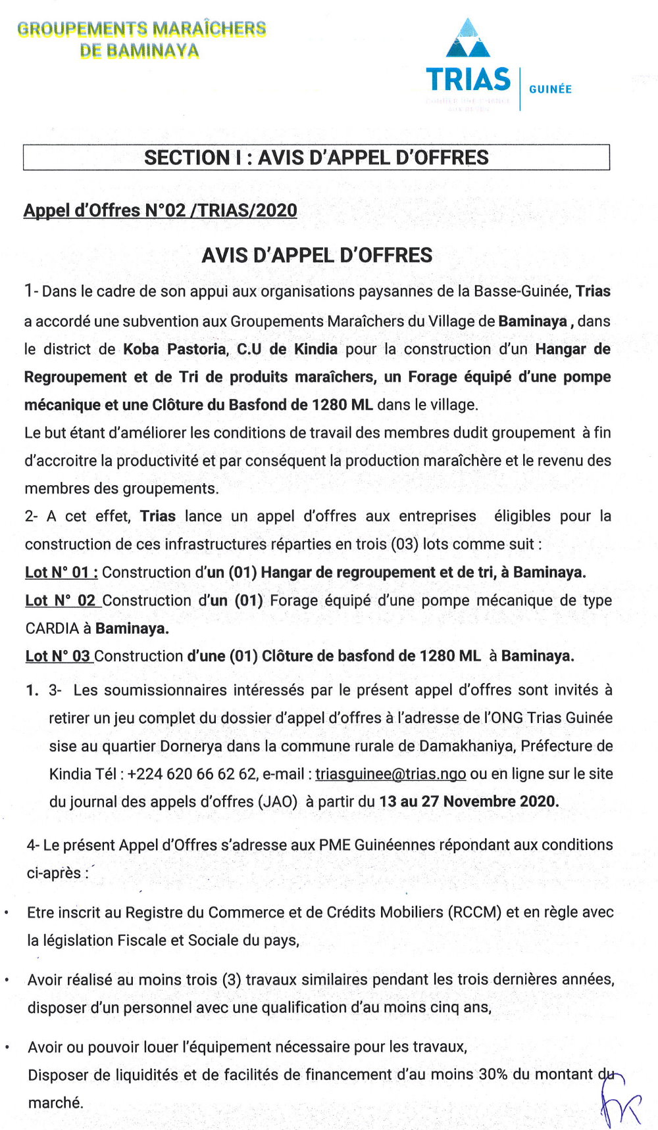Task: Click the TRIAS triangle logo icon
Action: coord(468,39)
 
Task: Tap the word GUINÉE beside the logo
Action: coord(550,89)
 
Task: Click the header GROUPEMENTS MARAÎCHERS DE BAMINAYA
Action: coord(141,39)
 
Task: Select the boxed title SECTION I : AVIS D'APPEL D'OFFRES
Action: coord(316,158)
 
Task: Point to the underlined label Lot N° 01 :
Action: coord(61,573)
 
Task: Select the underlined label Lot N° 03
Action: coord(58,656)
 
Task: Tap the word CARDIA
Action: coord(52,628)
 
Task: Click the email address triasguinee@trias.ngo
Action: coord(390,774)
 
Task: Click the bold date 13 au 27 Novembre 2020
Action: coord(468,802)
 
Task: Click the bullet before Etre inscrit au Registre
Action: coord(7,913)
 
